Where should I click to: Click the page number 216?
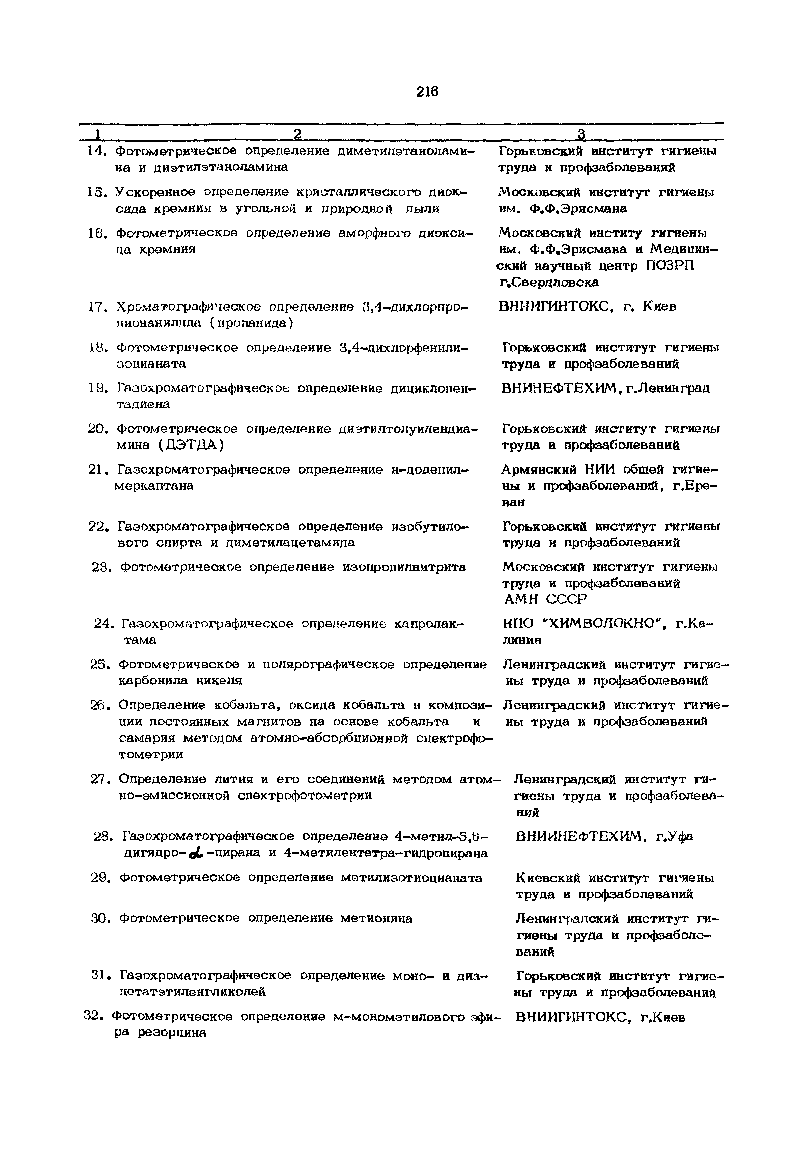(427, 92)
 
